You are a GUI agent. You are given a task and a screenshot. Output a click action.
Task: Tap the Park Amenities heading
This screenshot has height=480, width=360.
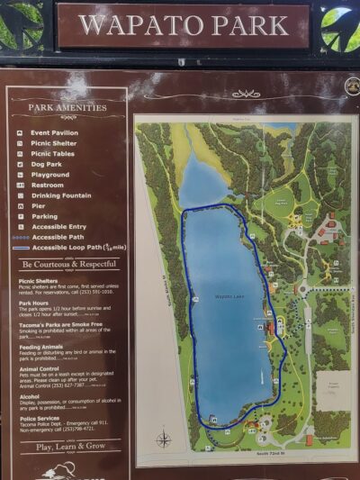pos(67,107)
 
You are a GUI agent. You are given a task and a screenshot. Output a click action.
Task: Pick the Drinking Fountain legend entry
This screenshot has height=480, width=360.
pos(65,195)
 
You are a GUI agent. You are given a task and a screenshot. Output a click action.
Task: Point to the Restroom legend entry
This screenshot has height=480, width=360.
pos(51,185)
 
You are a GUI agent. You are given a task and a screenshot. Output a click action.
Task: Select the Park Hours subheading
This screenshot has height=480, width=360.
pos(39,303)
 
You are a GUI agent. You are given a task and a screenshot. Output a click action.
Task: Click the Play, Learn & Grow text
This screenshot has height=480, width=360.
pos(70,446)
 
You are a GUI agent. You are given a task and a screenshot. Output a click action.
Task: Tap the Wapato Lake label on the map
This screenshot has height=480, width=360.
pos(227,295)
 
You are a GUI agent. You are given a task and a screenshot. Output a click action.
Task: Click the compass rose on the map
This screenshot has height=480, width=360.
pos(164,439)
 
